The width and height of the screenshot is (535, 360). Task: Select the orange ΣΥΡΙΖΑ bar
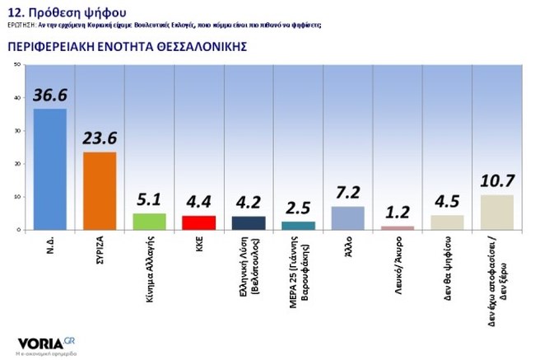99,191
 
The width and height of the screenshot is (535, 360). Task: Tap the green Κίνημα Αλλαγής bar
149,222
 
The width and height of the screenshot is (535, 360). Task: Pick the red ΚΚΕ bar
198,222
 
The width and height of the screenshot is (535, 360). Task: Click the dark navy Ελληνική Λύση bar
249,223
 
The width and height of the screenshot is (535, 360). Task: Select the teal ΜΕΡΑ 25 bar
298,226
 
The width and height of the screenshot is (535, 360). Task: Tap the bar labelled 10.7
496,213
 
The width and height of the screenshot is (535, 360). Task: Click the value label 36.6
49,97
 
